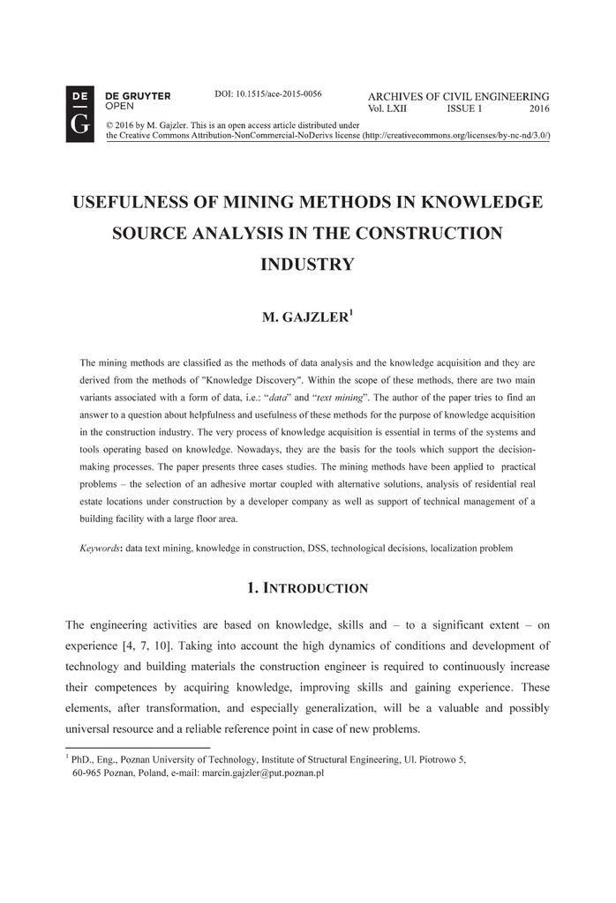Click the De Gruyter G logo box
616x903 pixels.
pyautogui.click(x=79, y=115)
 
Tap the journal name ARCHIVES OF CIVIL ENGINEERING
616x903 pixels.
pyautogui.click(x=458, y=96)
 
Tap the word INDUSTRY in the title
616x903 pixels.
pyautogui.click(x=307, y=265)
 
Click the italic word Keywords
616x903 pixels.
pyautogui.click(x=101, y=548)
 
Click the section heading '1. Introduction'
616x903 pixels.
pyautogui.click(x=307, y=587)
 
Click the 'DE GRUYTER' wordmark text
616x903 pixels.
pyautogui.click(x=138, y=95)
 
